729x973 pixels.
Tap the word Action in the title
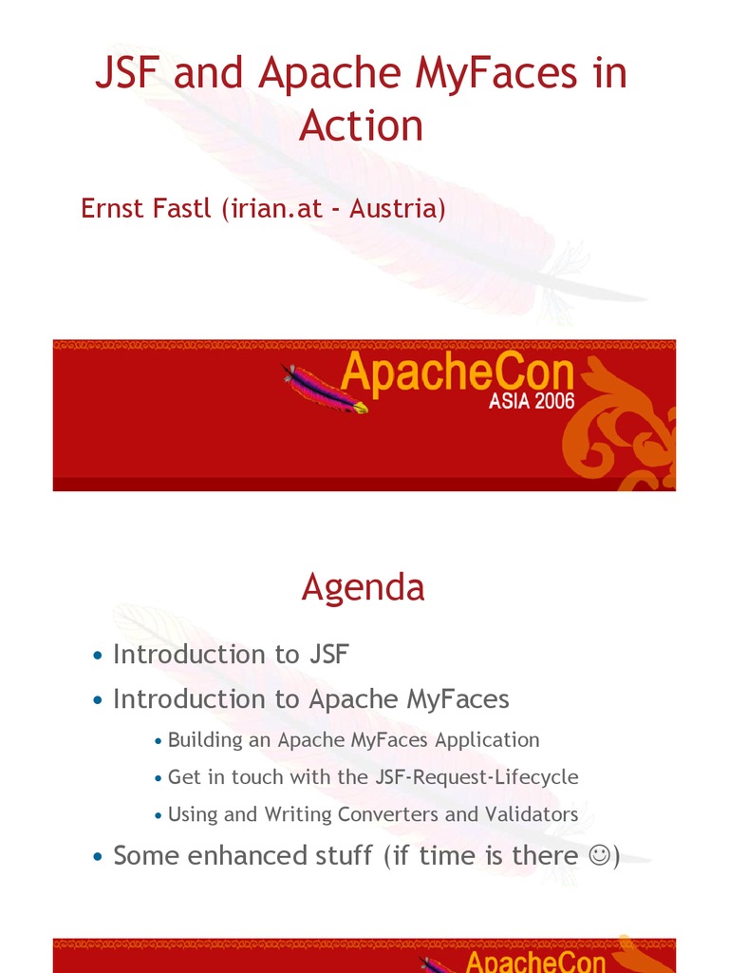[x=361, y=126]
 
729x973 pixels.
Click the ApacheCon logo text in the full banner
[x=457, y=374]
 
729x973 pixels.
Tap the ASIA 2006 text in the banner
[x=532, y=401]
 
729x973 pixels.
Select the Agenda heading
[x=363, y=588]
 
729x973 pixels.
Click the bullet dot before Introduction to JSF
[x=98, y=656]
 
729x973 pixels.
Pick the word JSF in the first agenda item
[x=328, y=655]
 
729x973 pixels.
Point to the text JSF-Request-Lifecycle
[x=476, y=776]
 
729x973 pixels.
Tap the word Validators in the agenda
[x=531, y=814]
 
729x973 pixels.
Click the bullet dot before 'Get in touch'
[x=159, y=778]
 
